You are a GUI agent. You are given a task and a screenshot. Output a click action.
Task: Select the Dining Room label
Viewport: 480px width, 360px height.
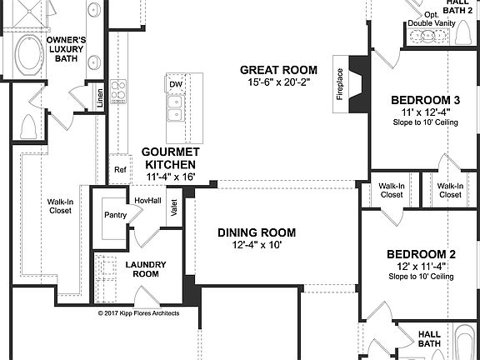257,232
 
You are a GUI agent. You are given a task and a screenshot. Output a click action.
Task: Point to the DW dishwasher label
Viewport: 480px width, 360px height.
176,85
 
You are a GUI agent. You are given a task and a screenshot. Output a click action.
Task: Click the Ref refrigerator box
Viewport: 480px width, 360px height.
120,169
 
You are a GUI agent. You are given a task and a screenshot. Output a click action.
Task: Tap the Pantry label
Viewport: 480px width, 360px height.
115,215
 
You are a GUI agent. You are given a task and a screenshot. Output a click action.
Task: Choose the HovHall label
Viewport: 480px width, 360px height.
147,200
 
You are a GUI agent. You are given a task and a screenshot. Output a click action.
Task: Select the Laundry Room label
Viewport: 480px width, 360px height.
147,269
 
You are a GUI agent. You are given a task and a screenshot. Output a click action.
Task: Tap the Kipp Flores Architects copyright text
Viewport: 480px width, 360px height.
140,314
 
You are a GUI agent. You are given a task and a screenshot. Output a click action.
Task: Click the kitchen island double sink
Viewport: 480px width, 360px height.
175,106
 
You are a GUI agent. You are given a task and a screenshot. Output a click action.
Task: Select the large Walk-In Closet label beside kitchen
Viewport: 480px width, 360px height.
60,205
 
